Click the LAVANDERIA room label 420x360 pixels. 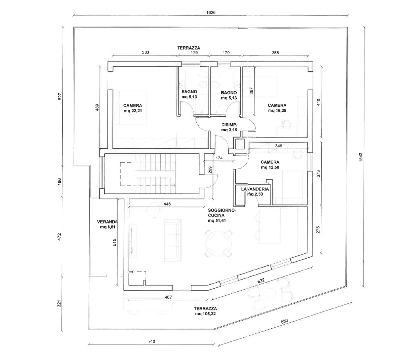pos(255,189)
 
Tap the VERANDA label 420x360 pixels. pos(106,222)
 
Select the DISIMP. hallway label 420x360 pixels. pos(229,125)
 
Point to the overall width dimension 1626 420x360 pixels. pos(211,12)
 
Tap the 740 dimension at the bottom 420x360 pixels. pos(151,341)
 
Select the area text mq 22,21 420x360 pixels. pos(133,111)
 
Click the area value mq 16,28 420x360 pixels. pos(277,111)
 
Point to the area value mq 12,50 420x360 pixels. pos(270,168)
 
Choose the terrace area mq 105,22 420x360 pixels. pos(205,314)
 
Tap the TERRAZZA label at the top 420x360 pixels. pos(189,48)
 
